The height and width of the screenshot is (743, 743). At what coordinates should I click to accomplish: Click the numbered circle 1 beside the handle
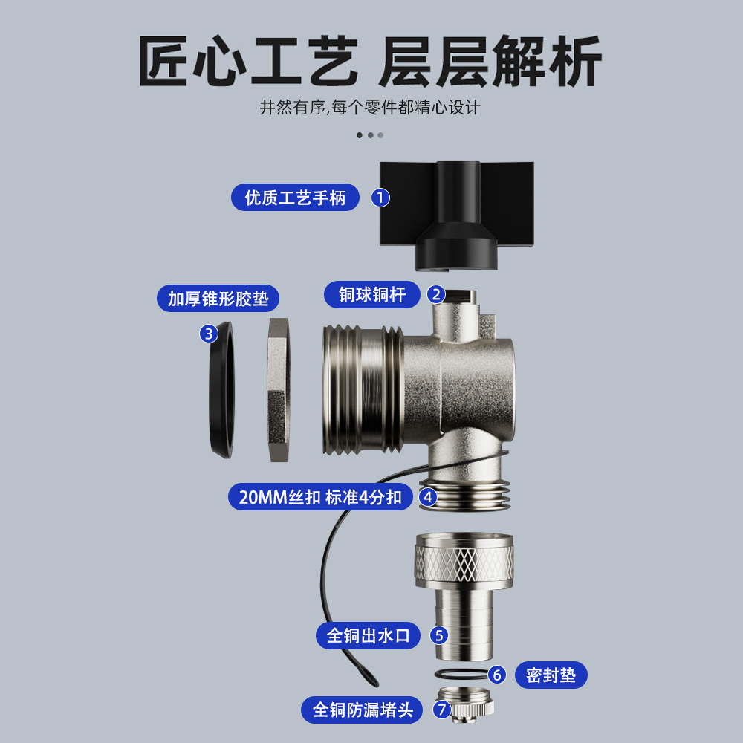[x=380, y=198]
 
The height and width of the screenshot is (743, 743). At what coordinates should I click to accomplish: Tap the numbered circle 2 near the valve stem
[x=436, y=294]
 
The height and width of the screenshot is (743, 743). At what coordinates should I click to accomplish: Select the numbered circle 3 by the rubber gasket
[x=209, y=334]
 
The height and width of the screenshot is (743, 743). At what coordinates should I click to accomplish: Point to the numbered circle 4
[x=428, y=496]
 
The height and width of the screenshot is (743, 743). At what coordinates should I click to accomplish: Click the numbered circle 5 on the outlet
[x=439, y=635]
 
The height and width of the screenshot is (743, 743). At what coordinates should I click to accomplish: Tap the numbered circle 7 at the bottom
[x=441, y=710]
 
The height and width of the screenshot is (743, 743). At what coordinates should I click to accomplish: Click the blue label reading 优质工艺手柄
[x=295, y=198]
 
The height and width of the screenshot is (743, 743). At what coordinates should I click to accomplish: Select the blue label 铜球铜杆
[x=372, y=294]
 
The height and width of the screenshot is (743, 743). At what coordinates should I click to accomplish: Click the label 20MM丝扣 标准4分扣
[x=320, y=496]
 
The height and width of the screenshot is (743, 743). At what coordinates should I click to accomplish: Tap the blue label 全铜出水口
[x=368, y=635]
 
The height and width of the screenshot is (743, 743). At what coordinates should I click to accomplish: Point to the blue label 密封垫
[x=551, y=675]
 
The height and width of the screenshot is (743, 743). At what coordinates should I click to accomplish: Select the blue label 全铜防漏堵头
[x=362, y=710]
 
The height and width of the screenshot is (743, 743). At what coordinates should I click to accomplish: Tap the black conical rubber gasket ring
[x=220, y=390]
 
